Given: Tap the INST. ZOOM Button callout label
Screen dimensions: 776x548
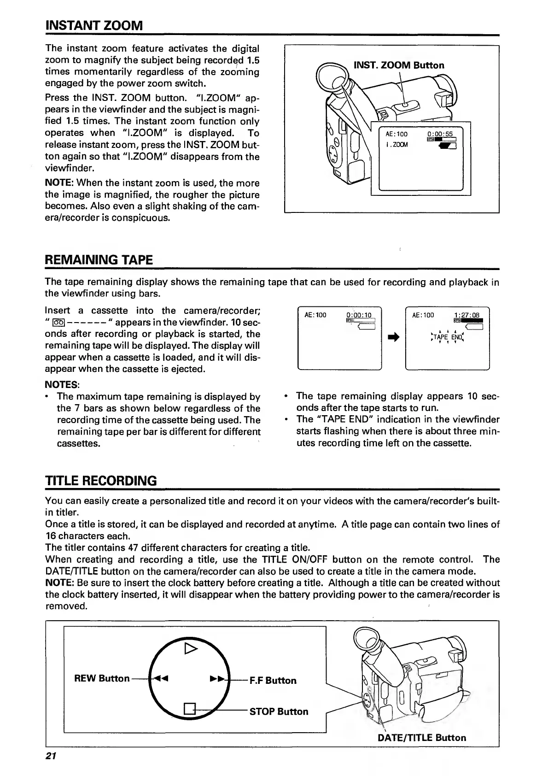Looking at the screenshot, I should pyautogui.click(x=399, y=65).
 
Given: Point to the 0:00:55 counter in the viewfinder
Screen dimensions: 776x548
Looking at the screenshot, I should pyautogui.click(x=440, y=134).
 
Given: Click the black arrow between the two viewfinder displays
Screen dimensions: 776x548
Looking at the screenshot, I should pyautogui.click(x=393, y=338).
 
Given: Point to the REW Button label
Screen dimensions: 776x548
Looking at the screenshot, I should pyautogui.click(x=102, y=678).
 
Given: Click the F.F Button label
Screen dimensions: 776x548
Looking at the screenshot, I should pyautogui.click(x=273, y=681).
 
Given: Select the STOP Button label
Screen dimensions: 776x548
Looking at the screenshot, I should pyautogui.click(x=279, y=711).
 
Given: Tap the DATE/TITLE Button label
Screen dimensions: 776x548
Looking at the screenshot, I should pyautogui.click(x=421, y=738).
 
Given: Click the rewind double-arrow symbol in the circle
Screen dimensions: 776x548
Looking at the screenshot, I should pyautogui.click(x=161, y=678).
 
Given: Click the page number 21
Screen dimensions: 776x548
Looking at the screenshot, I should pyautogui.click(x=51, y=756).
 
